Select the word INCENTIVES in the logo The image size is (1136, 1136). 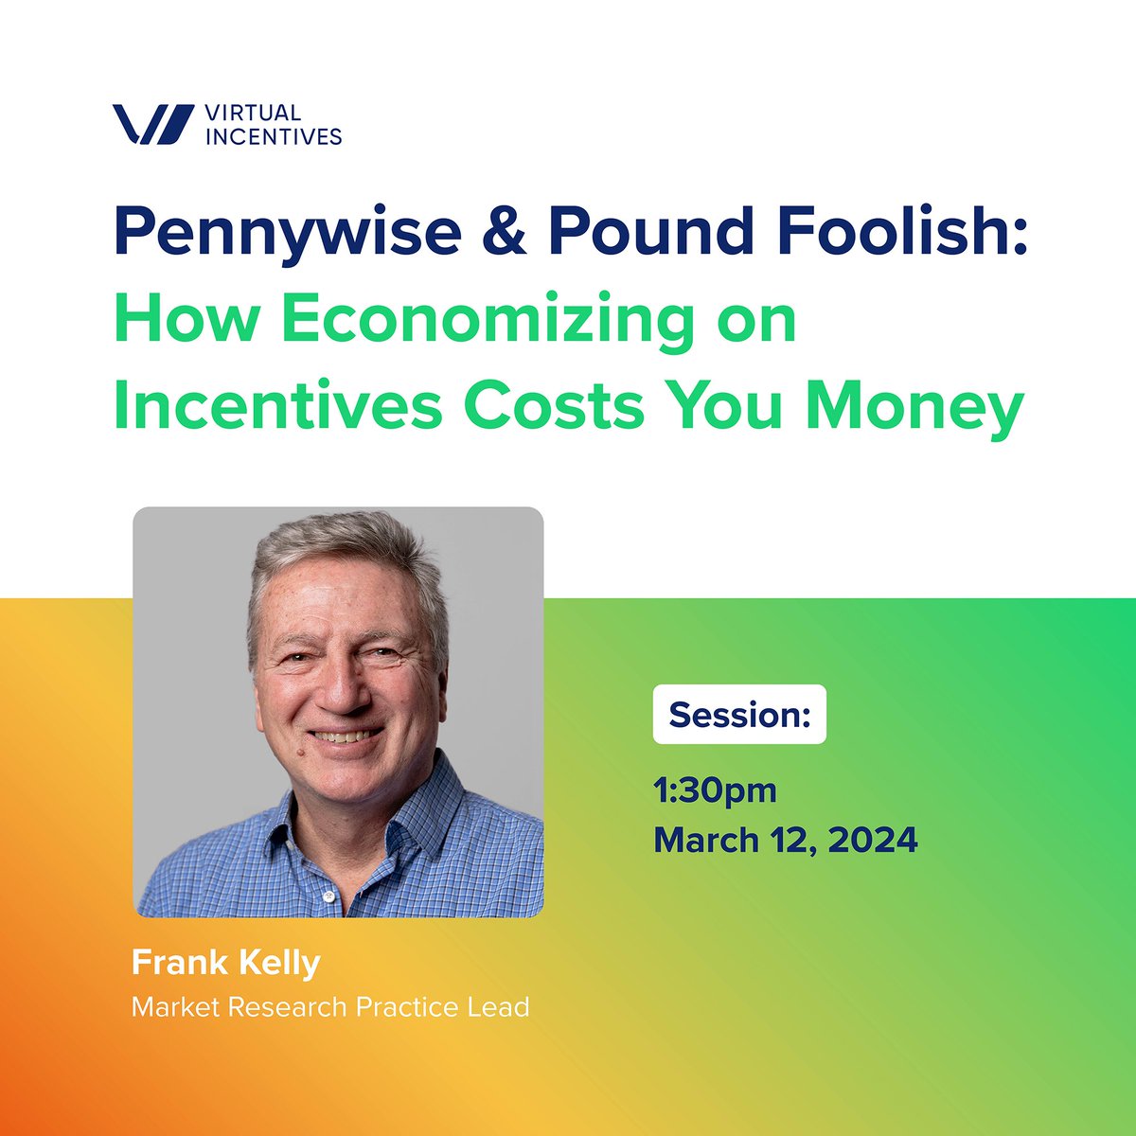(x=273, y=136)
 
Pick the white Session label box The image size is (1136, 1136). (x=739, y=715)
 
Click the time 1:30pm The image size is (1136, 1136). (x=715, y=790)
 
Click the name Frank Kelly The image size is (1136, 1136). (x=226, y=964)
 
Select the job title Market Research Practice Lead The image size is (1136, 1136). (x=330, y=1006)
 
